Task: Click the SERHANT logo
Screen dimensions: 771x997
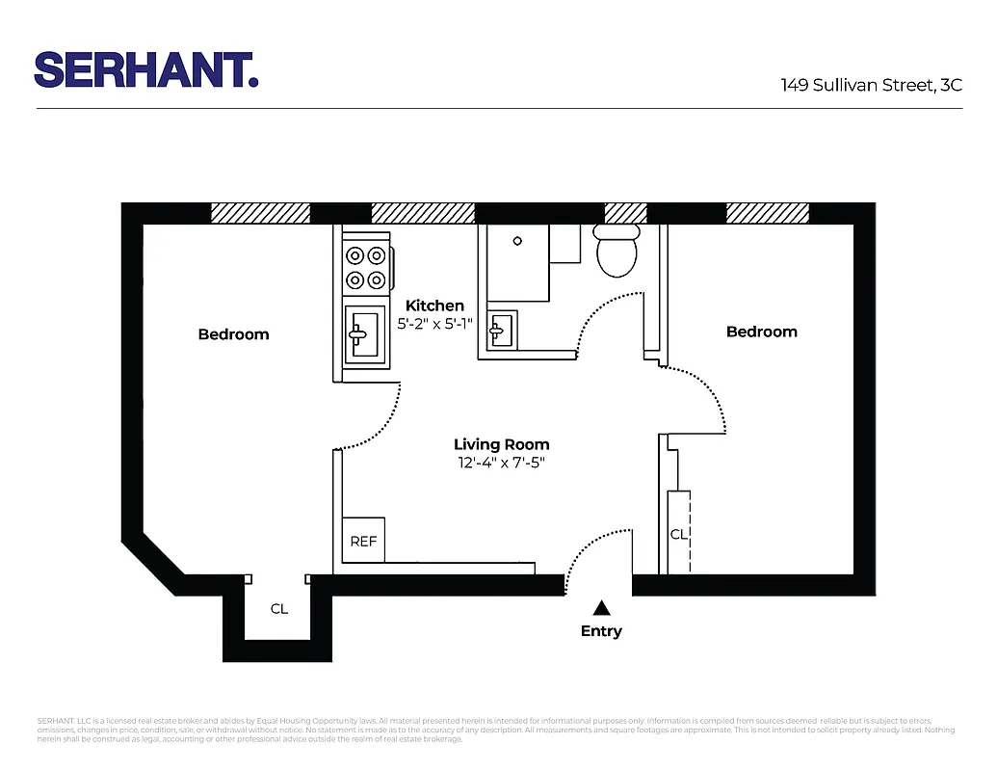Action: (x=146, y=69)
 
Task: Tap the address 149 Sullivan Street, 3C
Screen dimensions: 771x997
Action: (x=871, y=85)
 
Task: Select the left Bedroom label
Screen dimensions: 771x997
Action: (x=233, y=334)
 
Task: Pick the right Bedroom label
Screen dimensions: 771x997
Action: (x=761, y=332)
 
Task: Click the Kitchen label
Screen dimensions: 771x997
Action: (x=434, y=306)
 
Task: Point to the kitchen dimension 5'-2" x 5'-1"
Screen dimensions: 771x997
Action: (x=435, y=325)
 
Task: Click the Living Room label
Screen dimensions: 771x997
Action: (x=502, y=444)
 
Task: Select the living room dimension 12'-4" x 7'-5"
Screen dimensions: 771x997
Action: (x=502, y=463)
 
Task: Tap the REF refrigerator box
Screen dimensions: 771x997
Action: (x=363, y=542)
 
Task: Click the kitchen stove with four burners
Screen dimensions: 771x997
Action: (x=367, y=268)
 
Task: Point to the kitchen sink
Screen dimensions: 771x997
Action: (x=365, y=333)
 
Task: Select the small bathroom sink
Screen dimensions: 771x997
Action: (x=502, y=331)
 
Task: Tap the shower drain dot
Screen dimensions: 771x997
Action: (x=516, y=241)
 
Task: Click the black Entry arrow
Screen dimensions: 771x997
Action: (x=601, y=607)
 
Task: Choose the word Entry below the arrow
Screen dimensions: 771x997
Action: (x=601, y=631)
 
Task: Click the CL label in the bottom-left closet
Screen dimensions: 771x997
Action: (x=278, y=609)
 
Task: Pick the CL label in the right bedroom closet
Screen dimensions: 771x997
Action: (x=678, y=533)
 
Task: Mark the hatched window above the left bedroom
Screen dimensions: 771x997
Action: (x=260, y=213)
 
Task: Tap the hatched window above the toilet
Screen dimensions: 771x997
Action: (x=624, y=213)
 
